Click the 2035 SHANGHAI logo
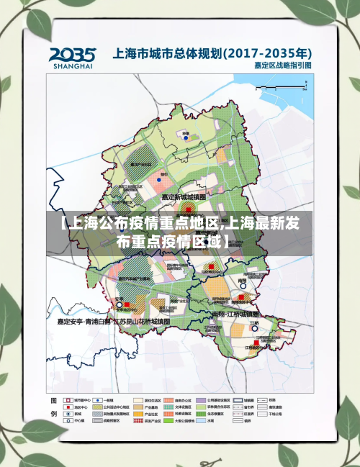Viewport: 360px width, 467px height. (73, 58)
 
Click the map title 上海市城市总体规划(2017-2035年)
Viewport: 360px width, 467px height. (212, 53)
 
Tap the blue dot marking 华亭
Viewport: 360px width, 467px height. (186, 138)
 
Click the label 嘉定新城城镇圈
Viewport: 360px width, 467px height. (183, 196)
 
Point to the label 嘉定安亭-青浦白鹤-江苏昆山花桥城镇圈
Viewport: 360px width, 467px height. (113, 322)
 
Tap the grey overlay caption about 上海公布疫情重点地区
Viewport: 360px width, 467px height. (180, 232)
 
